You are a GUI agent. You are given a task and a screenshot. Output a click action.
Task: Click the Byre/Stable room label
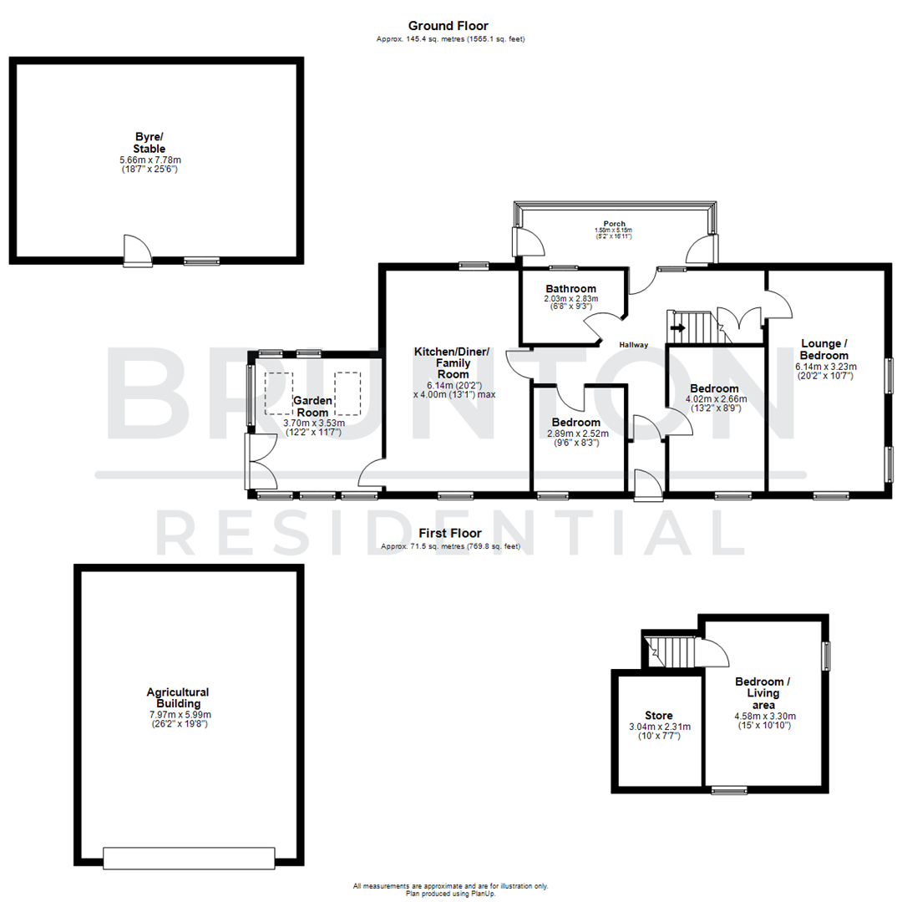[150, 142]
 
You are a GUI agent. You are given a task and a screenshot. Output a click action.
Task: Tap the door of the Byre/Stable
[138, 251]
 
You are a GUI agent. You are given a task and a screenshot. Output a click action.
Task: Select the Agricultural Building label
[178, 697]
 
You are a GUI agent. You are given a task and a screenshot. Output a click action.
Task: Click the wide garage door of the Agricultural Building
[189, 858]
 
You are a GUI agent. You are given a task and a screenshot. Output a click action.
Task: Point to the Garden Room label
[313, 407]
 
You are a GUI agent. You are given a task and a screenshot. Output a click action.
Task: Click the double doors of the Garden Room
[261, 462]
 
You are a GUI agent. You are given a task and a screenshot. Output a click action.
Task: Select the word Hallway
[634, 345]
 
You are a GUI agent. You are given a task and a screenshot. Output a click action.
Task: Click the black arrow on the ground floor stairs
[677, 327]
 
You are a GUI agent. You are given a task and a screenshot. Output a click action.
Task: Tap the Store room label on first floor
[658, 716]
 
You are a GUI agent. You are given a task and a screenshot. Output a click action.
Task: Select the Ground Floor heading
[448, 26]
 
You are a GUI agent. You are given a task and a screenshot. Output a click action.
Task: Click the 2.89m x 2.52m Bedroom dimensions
[578, 433]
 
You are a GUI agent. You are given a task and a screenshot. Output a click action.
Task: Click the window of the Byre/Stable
[201, 261]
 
